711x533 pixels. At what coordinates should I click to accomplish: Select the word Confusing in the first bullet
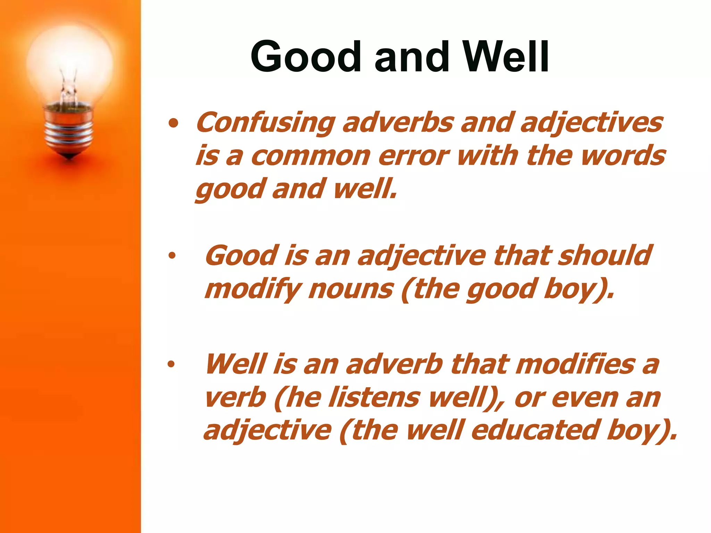click(266, 123)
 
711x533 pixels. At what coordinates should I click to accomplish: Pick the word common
click(311, 156)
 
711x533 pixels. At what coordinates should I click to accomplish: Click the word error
click(413, 156)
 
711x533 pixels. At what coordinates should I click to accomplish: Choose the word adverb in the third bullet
click(394, 364)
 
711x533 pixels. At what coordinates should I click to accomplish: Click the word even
click(585, 398)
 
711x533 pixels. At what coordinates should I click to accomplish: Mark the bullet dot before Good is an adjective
click(172, 256)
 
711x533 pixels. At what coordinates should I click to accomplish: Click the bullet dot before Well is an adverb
click(171, 364)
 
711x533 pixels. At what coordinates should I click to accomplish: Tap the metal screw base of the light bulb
click(69, 132)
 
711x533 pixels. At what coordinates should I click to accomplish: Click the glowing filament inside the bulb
click(69, 88)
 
